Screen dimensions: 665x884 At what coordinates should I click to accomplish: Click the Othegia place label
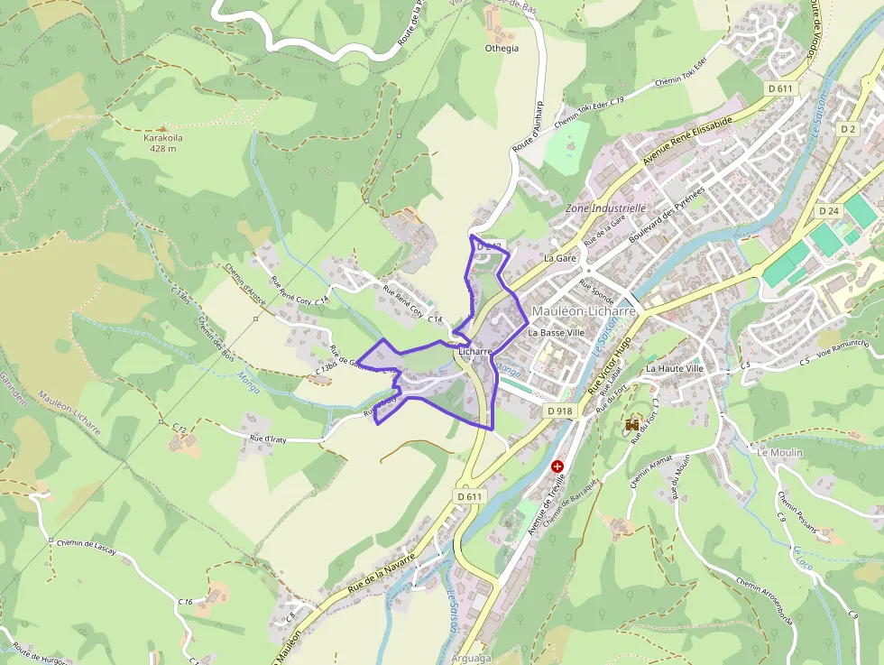pos(502,49)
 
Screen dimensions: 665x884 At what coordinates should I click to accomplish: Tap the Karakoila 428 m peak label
pos(163,143)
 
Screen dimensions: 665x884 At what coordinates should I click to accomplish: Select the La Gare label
pos(560,258)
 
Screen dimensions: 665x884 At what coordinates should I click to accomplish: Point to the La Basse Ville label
pos(557,332)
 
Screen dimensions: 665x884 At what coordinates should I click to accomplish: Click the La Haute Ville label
pos(674,369)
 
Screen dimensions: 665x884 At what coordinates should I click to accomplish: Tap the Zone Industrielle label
pos(605,208)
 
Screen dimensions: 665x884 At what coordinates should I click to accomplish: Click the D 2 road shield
pos(847,129)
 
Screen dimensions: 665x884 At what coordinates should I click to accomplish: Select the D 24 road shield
pos(829,210)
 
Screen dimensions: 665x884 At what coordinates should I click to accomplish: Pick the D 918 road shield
pos(559,411)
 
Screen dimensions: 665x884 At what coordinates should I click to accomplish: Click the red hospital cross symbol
pos(557,466)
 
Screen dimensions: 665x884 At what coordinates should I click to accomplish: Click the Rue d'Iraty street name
pos(274,438)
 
